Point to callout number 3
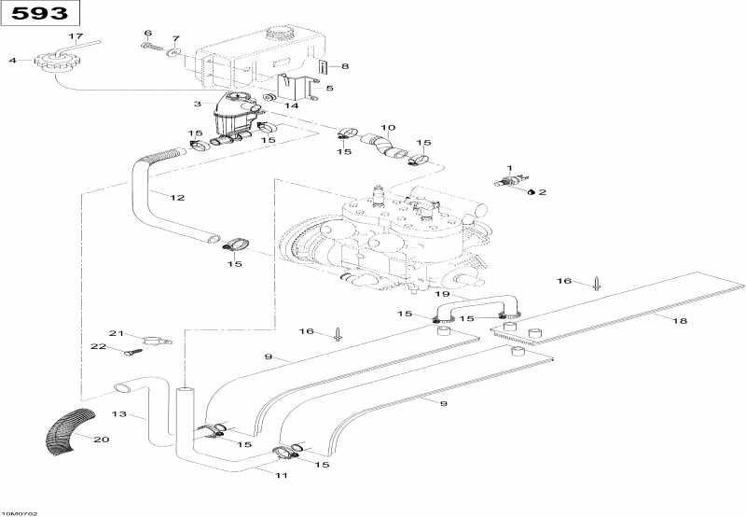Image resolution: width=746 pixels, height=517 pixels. click(x=197, y=104)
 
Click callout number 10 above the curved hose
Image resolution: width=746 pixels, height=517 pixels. click(x=388, y=127)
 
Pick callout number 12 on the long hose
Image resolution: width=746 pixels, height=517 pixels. click(x=177, y=197)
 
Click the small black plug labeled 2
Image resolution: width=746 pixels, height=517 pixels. click(x=530, y=192)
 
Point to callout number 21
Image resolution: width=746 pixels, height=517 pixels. click(x=117, y=333)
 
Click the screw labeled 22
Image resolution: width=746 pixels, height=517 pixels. click(x=131, y=351)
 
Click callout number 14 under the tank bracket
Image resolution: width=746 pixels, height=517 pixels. click(x=292, y=105)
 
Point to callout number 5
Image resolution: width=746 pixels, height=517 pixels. click(x=329, y=88)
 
